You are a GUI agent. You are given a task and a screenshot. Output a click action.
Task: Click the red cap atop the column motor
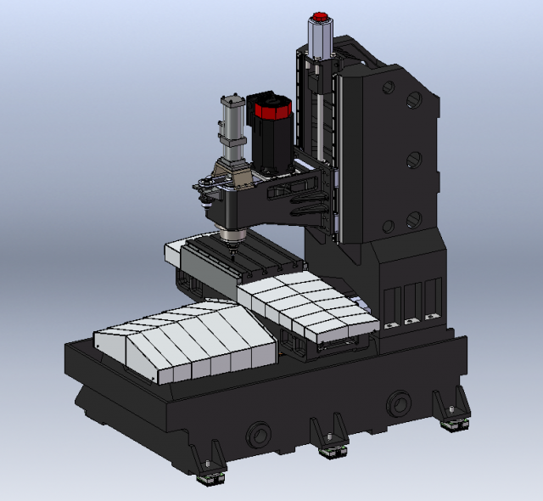point(320,17)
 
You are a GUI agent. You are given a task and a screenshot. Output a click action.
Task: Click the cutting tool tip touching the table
point(231,252)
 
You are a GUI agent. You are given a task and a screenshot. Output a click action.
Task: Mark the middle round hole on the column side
point(415,159)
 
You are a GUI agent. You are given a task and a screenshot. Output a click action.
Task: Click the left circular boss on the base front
point(258,436)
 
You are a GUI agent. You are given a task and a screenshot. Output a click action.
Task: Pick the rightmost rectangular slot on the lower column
point(433,297)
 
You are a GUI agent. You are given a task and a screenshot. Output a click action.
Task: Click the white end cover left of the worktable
point(174,254)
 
